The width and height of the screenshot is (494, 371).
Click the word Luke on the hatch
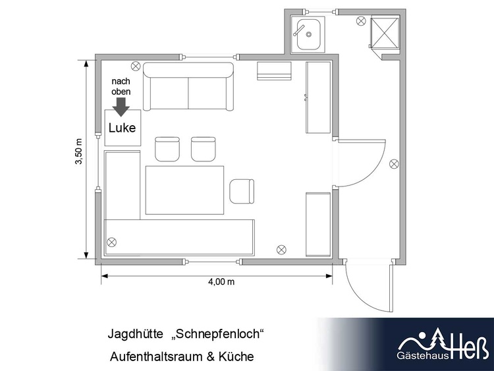tap(123, 128)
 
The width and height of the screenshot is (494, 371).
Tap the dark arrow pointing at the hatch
tap(121, 107)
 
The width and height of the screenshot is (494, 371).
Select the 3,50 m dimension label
tap(78, 152)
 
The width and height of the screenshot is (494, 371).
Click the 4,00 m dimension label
tap(221, 281)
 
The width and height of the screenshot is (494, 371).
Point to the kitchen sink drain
tap(309, 34)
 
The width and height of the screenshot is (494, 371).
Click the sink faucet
tap(298, 30)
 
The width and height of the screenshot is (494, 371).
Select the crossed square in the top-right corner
tap(385, 33)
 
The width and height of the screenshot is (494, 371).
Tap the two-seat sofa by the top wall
tap(188, 86)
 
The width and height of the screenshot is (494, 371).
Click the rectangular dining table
tap(184, 190)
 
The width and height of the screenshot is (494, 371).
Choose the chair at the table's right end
tap(242, 191)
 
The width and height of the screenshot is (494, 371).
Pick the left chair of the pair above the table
tap(167, 149)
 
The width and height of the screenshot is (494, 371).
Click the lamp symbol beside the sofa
tap(136, 66)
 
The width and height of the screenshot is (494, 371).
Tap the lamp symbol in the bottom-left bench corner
tap(111, 242)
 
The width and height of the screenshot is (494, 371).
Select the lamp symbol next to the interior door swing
tap(394, 164)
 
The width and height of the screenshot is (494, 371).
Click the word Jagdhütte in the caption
tap(136, 334)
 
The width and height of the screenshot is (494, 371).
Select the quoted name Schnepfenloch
tap(217, 334)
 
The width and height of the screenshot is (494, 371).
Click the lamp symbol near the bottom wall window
tap(281, 250)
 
